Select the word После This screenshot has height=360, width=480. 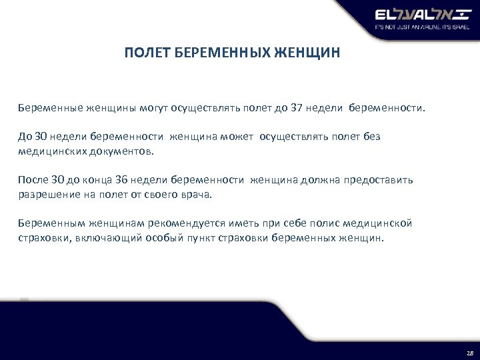[x=33, y=181]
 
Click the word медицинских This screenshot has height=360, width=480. [x=52, y=151]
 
